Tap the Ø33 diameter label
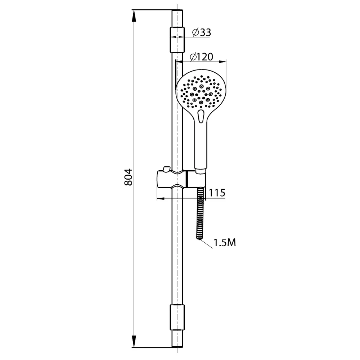[202, 32]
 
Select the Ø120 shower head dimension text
[202, 57]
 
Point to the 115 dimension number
[217, 193]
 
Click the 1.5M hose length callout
[225, 243]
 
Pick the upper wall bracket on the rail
[177, 40]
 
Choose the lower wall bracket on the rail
[177, 318]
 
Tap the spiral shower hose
[201, 213]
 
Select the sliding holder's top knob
[166, 169]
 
